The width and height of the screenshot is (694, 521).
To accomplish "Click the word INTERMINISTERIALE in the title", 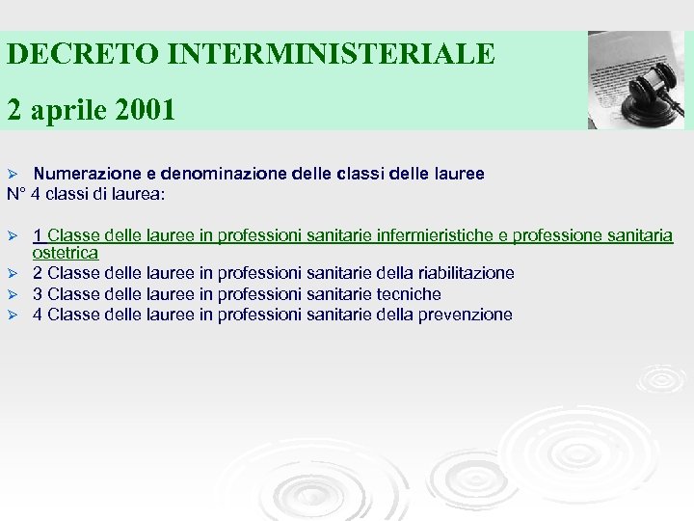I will click(x=331, y=53).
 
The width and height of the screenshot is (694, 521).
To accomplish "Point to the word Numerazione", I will click(x=87, y=175).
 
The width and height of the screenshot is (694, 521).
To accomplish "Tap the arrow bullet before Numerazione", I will click(x=13, y=175).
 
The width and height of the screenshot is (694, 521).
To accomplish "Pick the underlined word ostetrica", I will click(x=66, y=253).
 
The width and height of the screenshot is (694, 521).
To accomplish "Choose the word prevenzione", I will click(x=466, y=315).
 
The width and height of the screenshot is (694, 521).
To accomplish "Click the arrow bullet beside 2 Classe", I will click(x=13, y=274).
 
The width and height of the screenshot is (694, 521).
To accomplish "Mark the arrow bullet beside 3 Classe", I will click(x=13, y=294).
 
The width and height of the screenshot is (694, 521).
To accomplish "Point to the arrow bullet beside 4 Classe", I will click(x=13, y=315).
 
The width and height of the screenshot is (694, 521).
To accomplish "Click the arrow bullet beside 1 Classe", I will click(x=13, y=235).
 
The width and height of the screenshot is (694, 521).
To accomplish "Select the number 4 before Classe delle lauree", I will click(x=38, y=315).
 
